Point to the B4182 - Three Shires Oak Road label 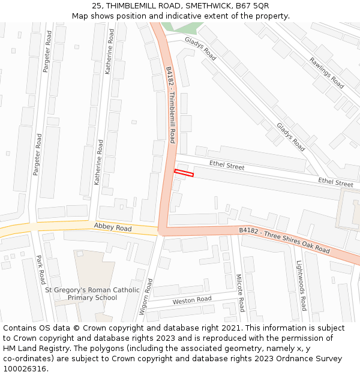pyautogui.click(x=284, y=239)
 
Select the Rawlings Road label pyautogui.click(x=327, y=73)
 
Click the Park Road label pyautogui.click(x=40, y=270)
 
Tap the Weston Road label pyautogui.click(x=192, y=299)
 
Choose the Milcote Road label pyautogui.click(x=239, y=293)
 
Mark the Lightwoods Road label pyautogui.click(x=301, y=285)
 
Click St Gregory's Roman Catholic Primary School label pyautogui.click(x=92, y=294)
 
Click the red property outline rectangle pyautogui.click(x=184, y=173)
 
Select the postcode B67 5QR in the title pyautogui.click(x=253, y=6)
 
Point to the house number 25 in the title pyautogui.click(x=97, y=6)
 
